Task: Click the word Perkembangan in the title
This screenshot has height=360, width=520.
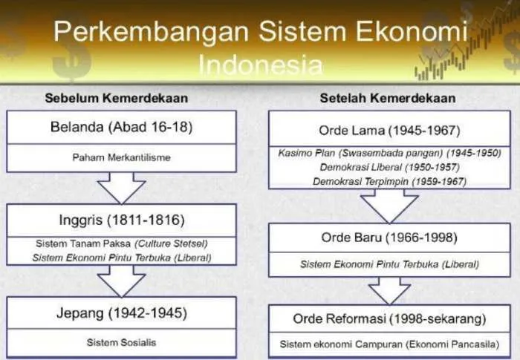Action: click(152, 32)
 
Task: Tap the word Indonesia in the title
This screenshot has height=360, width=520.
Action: click(261, 65)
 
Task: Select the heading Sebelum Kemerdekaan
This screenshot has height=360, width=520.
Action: click(117, 98)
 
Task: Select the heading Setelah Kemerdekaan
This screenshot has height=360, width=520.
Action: click(387, 98)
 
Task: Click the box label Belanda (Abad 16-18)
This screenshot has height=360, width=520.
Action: click(121, 127)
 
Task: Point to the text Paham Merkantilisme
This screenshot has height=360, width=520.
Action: click(121, 157)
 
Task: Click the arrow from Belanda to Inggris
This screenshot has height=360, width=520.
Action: click(121, 188)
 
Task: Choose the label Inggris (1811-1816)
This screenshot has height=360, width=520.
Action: click(121, 220)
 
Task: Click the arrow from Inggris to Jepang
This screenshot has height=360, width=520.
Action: click(121, 281)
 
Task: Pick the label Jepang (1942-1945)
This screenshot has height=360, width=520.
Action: click(121, 313)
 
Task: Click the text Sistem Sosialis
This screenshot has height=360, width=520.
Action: click(121, 342)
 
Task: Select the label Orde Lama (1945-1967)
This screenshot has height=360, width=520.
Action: click(389, 131)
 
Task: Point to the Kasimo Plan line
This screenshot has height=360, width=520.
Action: click(389, 153)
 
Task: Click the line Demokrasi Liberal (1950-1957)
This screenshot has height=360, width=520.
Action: click(389, 167)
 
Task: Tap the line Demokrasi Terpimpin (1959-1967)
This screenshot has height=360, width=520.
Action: click(389, 182)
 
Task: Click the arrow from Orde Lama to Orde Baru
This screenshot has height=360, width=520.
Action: click(389, 206)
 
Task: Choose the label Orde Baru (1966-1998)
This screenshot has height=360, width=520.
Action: click(389, 238)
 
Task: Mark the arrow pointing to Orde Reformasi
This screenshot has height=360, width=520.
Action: click(389, 291)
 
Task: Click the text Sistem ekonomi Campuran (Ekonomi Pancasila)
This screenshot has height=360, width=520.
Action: click(389, 344)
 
